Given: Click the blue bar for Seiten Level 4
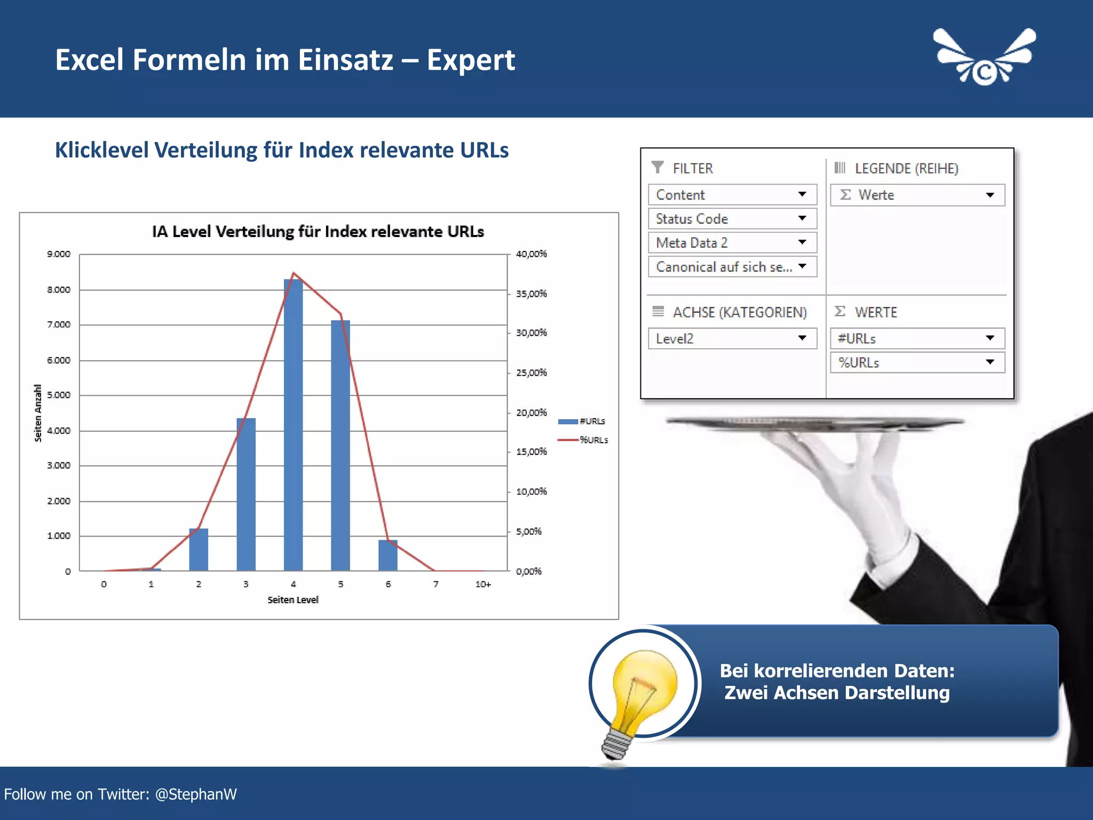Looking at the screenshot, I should pyautogui.click(x=293, y=427).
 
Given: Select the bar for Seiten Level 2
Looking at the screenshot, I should pyautogui.click(x=199, y=550).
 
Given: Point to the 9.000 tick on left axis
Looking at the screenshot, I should pyautogui.click(x=58, y=254).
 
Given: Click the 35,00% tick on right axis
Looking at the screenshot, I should pyautogui.click(x=531, y=294).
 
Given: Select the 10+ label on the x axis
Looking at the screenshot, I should pyautogui.click(x=483, y=585).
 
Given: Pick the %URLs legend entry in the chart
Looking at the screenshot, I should pyautogui.click(x=584, y=440).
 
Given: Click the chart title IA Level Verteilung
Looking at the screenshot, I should pyautogui.click(x=318, y=232).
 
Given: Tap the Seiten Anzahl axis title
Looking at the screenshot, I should pyautogui.click(x=38, y=413).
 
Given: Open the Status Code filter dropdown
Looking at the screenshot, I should pyautogui.click(x=802, y=218).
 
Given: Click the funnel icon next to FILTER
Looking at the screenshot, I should pyautogui.click(x=658, y=168).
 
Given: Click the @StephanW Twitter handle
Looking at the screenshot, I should pyautogui.click(x=196, y=794).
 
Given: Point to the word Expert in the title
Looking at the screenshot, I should pyautogui.click(x=471, y=60).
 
